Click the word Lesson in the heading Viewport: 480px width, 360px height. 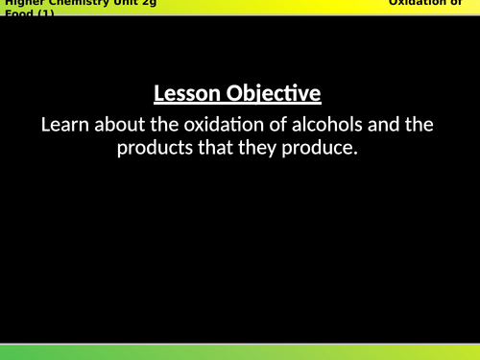tap(187, 94)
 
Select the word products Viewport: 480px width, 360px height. tap(156, 148)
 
